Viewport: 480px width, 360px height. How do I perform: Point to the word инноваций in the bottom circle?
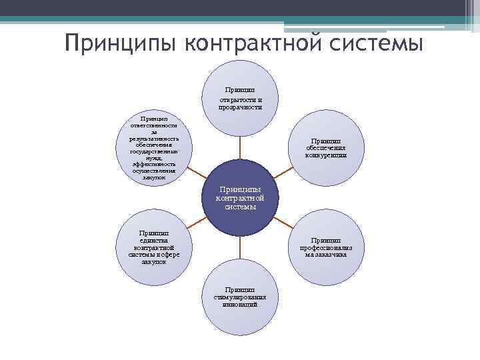(240, 304)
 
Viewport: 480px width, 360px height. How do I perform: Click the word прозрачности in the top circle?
(240, 107)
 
